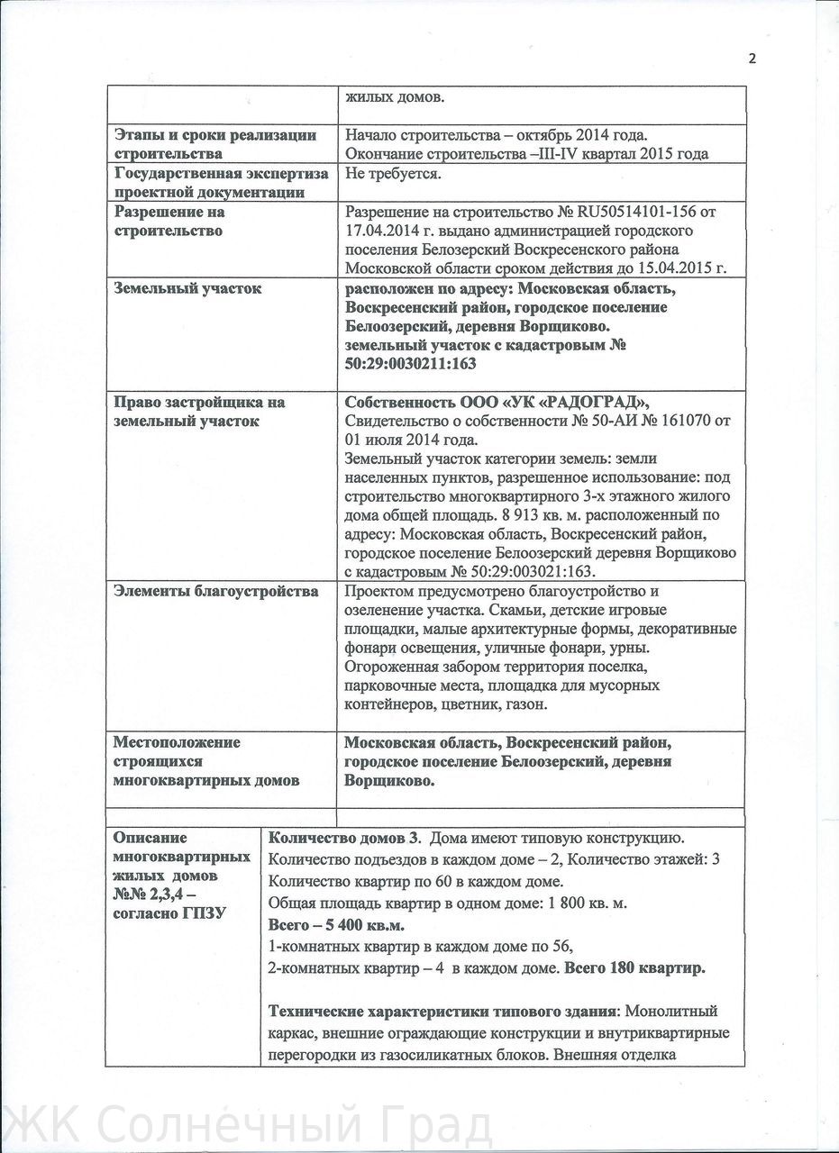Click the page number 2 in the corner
point(752,59)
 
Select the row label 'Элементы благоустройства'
point(216,592)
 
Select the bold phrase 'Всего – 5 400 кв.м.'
point(337,925)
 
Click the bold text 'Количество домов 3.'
point(345,837)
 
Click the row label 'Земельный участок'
point(187,289)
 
